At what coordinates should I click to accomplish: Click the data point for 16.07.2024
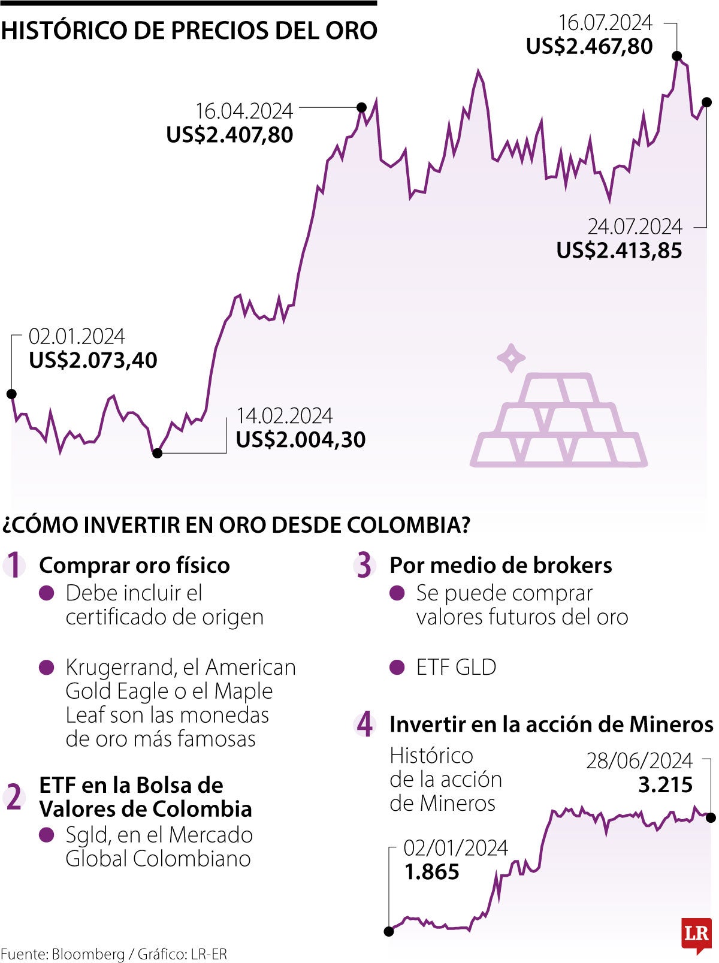(x=677, y=56)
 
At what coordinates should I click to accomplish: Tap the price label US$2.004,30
(x=300, y=440)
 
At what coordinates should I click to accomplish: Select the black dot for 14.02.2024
(x=157, y=453)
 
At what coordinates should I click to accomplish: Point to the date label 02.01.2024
(x=77, y=336)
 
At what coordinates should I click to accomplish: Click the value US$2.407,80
(x=229, y=135)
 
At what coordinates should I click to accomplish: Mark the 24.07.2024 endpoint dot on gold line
(x=707, y=102)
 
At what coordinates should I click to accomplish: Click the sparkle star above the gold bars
(x=511, y=358)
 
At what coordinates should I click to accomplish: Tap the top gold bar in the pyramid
(x=559, y=388)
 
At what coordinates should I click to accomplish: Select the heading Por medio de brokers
(x=500, y=565)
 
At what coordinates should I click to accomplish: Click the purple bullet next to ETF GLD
(x=397, y=668)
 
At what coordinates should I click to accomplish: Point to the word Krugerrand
(x=116, y=667)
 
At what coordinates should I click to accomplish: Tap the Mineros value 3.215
(x=665, y=784)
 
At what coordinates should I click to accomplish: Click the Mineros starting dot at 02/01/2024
(x=389, y=931)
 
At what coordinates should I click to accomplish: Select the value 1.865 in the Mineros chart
(x=431, y=872)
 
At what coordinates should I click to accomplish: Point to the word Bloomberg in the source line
(x=88, y=954)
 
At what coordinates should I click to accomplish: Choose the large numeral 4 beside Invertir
(x=364, y=724)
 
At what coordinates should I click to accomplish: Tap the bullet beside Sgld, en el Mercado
(x=46, y=835)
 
